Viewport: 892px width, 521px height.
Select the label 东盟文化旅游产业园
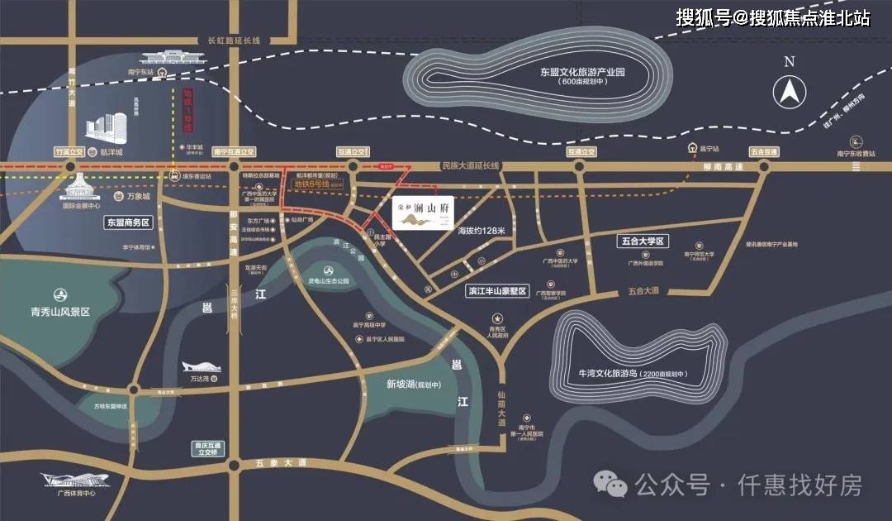coord(583,72)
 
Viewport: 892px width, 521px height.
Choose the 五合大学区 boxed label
coord(642,241)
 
